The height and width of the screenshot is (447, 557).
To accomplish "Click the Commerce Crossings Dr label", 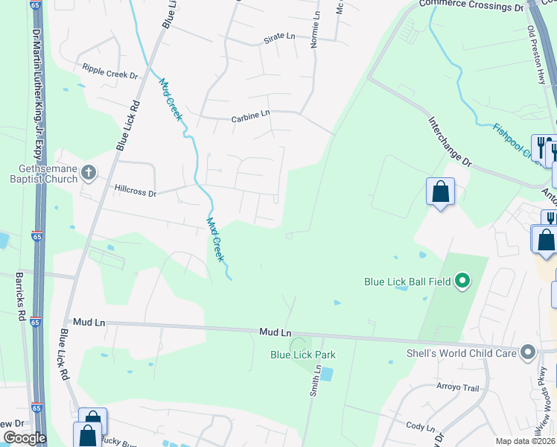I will tap(471, 5).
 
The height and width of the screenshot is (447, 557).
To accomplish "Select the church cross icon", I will tap(89, 174).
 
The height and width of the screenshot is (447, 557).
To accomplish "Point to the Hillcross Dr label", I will tap(135, 192).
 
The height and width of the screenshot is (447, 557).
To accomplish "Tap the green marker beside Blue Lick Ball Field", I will tap(462, 281).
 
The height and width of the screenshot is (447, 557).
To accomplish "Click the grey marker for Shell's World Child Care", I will tap(529, 351).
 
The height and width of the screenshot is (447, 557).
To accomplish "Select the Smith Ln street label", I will tap(316, 379).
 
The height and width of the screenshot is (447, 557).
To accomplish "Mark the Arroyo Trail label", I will tap(457, 388).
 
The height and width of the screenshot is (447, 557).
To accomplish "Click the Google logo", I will tap(25, 439).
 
